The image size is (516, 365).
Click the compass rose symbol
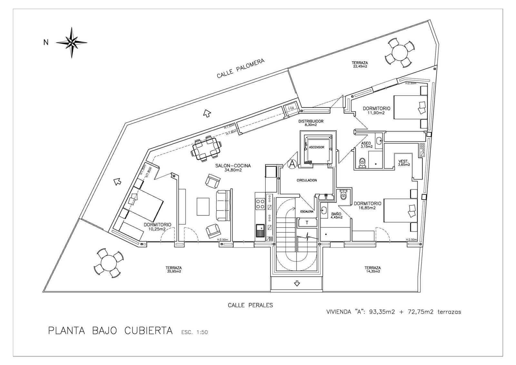(72, 42)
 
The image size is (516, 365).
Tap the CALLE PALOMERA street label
(241, 69)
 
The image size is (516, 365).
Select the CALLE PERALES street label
(250, 305)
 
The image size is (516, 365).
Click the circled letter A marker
(292, 164)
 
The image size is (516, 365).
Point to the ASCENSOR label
(316, 147)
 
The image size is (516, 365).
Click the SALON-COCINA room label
(233, 166)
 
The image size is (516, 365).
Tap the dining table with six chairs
(206, 149)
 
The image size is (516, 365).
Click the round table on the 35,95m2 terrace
(109, 262)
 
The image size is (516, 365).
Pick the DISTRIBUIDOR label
(311, 122)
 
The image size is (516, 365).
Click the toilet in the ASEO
(362, 163)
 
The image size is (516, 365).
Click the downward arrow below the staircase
(297, 284)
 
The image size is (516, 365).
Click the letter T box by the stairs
(307, 222)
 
